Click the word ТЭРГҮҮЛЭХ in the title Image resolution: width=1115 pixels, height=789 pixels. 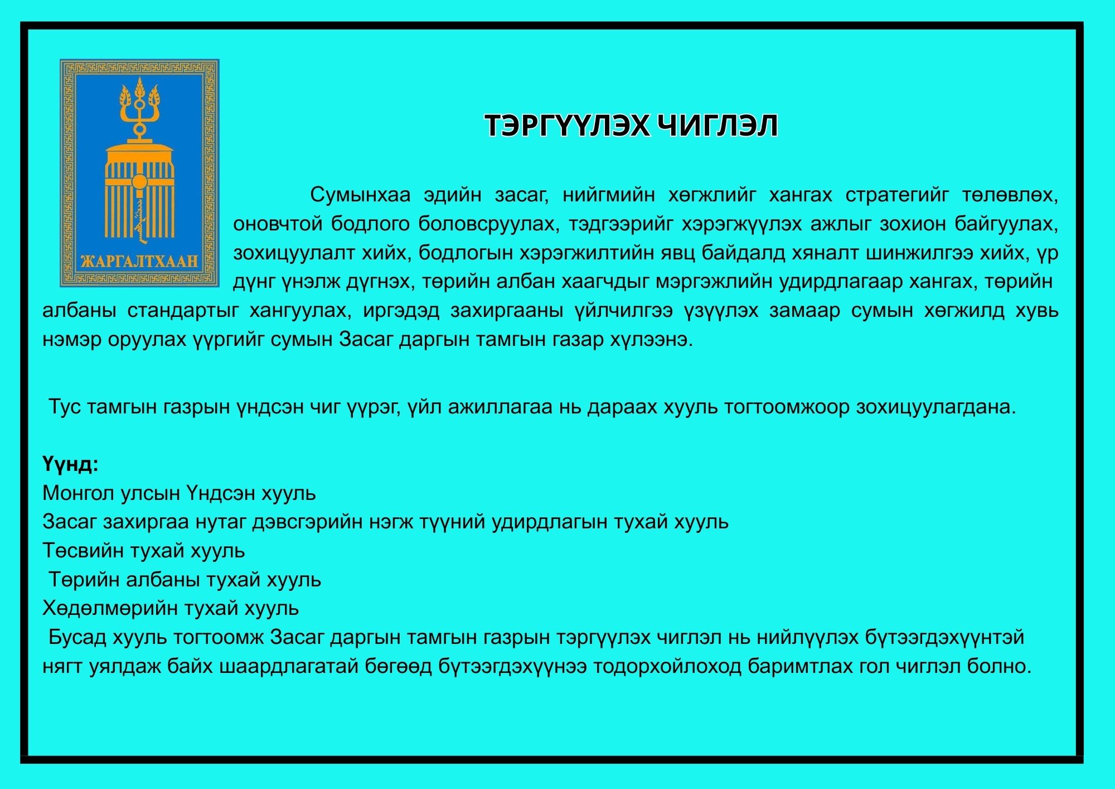point(566,126)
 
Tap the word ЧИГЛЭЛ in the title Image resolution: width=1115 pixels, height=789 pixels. point(718,126)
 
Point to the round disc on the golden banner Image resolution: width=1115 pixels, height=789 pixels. point(139,182)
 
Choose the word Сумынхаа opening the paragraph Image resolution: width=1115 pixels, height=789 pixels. point(360,195)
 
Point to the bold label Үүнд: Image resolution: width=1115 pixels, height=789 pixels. point(70,464)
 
